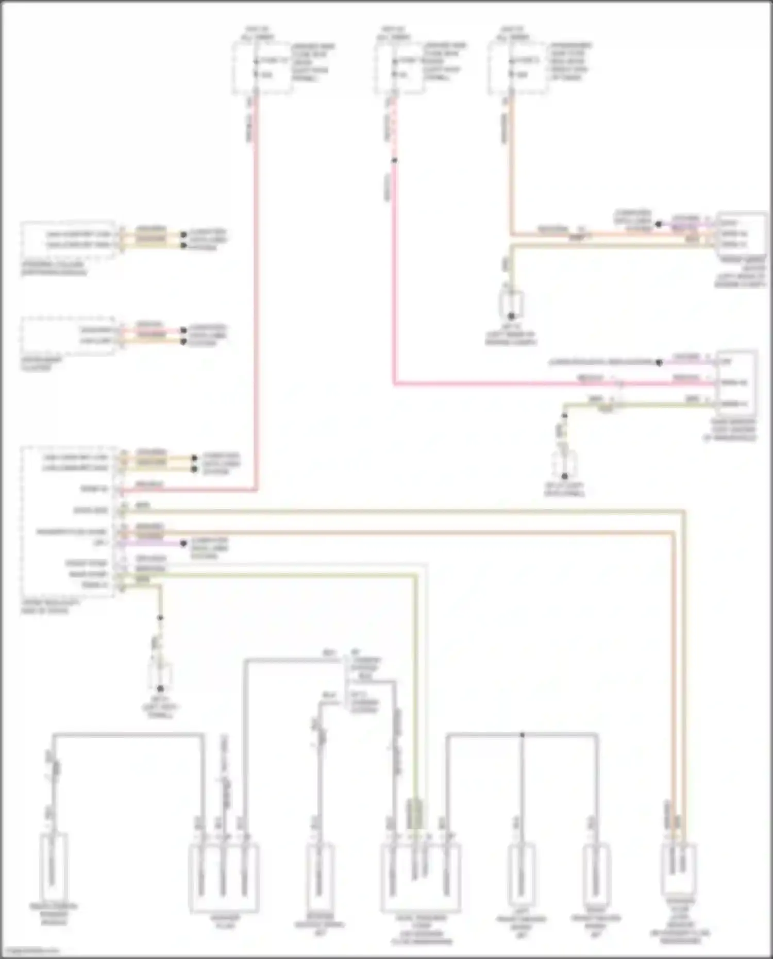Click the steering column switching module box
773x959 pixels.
click(x=68, y=240)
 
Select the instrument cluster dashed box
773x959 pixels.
click(x=68, y=336)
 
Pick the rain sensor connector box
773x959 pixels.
click(x=737, y=382)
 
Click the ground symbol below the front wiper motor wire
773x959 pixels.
click(x=511, y=307)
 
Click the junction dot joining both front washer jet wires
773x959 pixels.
click(x=522, y=734)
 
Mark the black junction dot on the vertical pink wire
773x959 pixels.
click(x=394, y=160)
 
